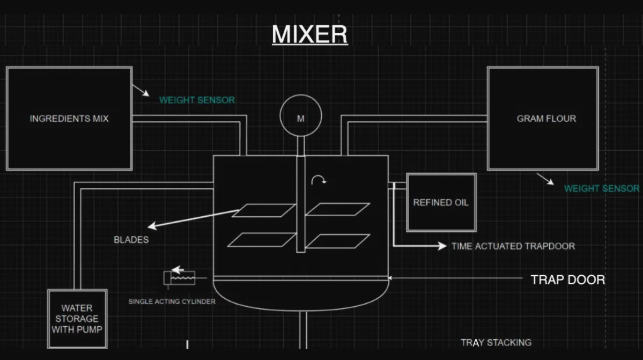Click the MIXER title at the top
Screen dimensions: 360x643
pos(309,34)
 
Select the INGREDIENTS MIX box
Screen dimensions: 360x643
pos(69,118)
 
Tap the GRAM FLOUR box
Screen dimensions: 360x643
pos(543,118)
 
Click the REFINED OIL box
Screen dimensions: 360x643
pos(441,202)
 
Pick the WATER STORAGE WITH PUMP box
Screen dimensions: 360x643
pos(77,319)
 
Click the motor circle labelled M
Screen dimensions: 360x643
pos(300,119)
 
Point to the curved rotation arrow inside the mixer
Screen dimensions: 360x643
pos(319,180)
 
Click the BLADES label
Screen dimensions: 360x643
pos(131,239)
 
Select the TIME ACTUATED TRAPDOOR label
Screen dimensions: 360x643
pos(513,246)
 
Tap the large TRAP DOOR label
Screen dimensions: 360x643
pos(567,280)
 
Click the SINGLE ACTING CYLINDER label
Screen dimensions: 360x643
pos(172,302)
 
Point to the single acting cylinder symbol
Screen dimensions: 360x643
pos(180,277)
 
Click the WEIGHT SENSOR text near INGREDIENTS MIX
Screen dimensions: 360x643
pos(197,100)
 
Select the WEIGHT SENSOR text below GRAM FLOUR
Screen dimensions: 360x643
pos(601,188)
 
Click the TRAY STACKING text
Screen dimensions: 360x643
pos(496,342)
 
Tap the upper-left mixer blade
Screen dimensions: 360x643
pos(264,210)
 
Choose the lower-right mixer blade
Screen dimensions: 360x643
pos(338,241)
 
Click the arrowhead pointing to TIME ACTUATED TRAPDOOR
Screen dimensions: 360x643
pos(441,246)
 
